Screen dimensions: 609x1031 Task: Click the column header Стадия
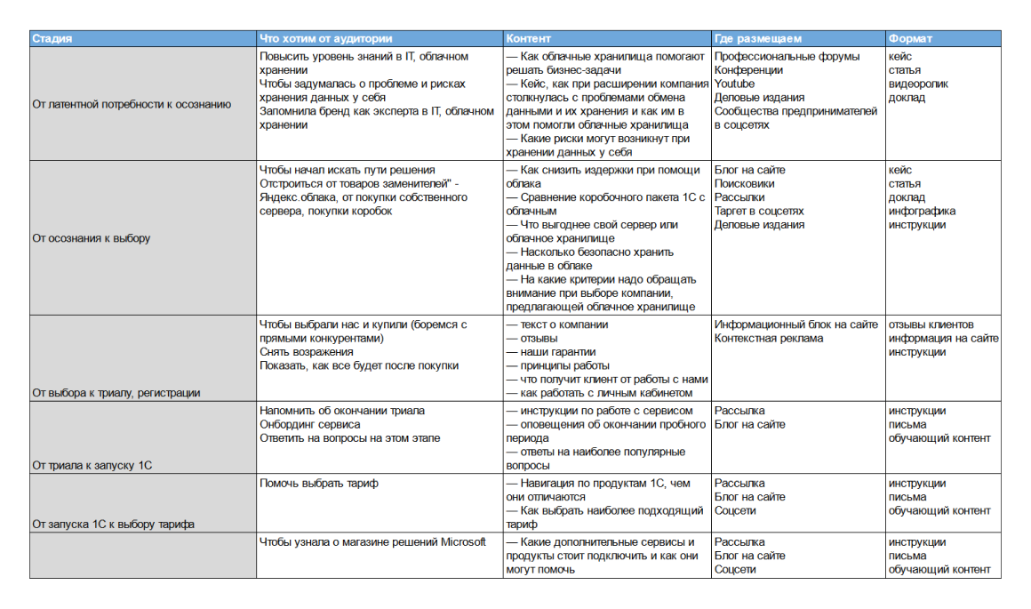pyautogui.click(x=52, y=39)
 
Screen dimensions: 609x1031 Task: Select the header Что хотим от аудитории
pyautogui.click(x=325, y=39)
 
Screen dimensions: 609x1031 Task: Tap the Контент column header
pyautogui.click(x=529, y=39)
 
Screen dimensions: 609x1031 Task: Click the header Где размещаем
pyautogui.click(x=758, y=39)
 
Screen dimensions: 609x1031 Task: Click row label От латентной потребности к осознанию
pyautogui.click(x=132, y=104)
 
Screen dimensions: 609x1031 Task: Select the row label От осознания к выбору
pyautogui.click(x=92, y=238)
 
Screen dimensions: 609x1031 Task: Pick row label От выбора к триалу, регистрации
pyautogui.click(x=116, y=393)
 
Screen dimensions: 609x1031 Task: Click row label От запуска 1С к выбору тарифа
pyautogui.click(x=114, y=524)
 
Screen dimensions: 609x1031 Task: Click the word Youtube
pyautogui.click(x=735, y=84)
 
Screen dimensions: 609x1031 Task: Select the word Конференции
pyautogui.click(x=749, y=70)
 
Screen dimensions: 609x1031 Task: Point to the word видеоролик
pyautogui.click(x=918, y=84)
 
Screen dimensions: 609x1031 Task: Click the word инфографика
pyautogui.click(x=923, y=212)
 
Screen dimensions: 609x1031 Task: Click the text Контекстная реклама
pyautogui.click(x=769, y=339)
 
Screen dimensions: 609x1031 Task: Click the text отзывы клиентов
pyautogui.click(x=931, y=325)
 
